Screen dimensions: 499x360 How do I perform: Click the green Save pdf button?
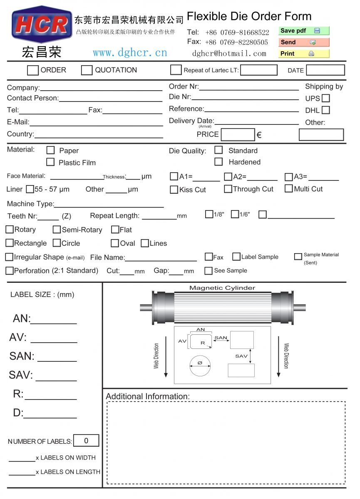303,31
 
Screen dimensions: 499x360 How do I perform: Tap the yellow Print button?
303,54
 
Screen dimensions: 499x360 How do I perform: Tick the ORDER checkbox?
33,70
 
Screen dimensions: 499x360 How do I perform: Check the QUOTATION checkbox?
87,70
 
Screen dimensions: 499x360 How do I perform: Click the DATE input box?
325,70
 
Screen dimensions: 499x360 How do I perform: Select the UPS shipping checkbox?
326,99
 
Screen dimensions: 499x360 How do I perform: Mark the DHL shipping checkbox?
326,110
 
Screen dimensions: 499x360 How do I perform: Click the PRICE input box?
238,135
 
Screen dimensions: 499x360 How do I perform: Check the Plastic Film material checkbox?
50,162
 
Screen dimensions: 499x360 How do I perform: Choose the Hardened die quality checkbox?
218,162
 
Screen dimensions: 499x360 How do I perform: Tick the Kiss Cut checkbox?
174,190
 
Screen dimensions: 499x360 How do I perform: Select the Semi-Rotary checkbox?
57,230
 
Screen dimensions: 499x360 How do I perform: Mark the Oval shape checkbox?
115,243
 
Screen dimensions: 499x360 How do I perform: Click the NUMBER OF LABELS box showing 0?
86,441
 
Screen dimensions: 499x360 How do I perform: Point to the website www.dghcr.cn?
130,53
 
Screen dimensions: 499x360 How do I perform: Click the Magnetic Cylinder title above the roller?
222,288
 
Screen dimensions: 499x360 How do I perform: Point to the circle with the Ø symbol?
200,363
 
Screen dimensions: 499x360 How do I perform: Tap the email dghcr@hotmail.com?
229,53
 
